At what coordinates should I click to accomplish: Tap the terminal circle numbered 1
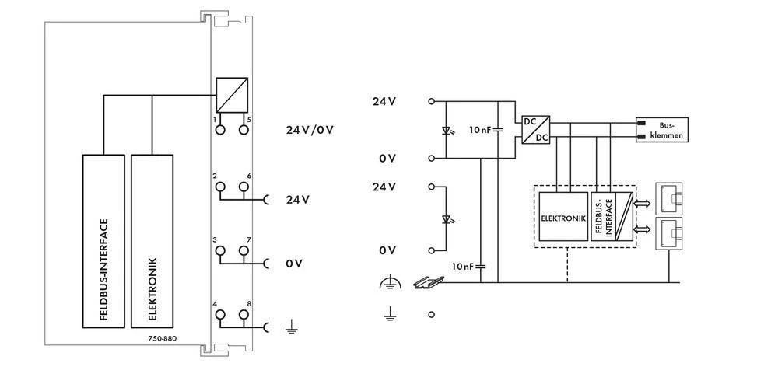tap(220, 130)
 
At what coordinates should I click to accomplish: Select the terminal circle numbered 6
tap(244, 187)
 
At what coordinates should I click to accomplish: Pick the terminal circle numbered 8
tap(244, 315)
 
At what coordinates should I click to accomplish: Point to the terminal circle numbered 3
tap(220, 251)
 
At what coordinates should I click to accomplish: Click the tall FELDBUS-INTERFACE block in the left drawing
tap(104, 241)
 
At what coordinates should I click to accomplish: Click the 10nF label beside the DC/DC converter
tap(481, 129)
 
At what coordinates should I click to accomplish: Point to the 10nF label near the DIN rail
tap(463, 266)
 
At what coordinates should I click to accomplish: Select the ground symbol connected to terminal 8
tap(291, 328)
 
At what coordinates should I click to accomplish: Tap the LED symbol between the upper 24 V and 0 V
tap(445, 130)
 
